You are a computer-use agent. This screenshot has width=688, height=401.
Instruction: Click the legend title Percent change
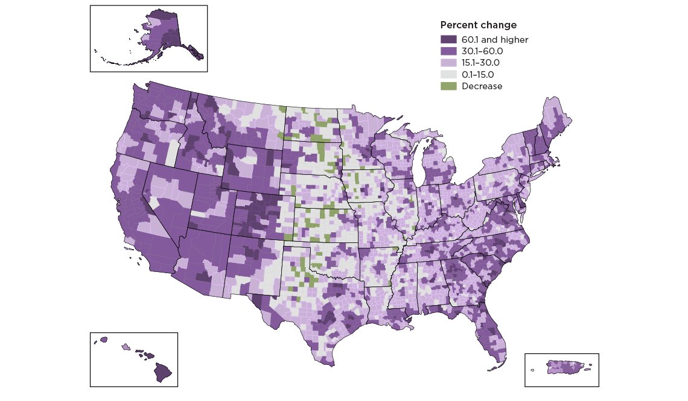coord(478,25)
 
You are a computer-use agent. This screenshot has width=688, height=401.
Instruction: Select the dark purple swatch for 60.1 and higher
coord(448,40)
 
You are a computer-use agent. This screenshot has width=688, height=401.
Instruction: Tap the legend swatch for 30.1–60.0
coord(448,51)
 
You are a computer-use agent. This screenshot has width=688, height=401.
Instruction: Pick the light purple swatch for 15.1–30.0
coord(448,63)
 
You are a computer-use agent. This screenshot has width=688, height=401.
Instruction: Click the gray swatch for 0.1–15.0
coord(448,75)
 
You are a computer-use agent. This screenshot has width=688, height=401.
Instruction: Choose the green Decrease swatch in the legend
coord(448,86)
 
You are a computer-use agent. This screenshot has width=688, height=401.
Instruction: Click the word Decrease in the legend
coord(482,86)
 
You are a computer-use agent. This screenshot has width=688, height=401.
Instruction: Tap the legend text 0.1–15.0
coord(478,75)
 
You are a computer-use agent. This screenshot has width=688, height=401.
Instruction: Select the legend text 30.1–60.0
coord(482,51)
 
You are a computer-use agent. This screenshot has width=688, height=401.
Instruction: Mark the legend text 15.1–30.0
coord(480,63)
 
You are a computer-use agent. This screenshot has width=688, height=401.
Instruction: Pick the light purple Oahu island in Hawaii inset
coord(126,347)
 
